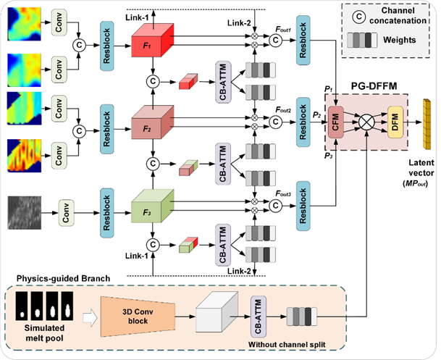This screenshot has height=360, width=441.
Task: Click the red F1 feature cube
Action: (153, 41)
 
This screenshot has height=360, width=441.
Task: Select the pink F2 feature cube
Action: (153, 122)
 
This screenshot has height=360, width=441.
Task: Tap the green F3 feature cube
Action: (153, 206)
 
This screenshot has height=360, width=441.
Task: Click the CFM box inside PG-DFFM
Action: (336, 122)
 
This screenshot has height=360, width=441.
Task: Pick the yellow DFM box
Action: (395, 122)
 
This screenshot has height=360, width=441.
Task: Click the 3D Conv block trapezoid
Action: (138, 317)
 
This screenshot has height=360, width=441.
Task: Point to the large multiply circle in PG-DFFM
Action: (366, 122)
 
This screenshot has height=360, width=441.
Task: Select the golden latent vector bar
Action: (427, 124)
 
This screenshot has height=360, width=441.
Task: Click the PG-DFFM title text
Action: (374, 86)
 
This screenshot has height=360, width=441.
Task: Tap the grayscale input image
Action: (25, 213)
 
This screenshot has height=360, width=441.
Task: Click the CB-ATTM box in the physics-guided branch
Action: (259, 317)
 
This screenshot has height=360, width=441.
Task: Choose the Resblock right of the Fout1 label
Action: (303, 41)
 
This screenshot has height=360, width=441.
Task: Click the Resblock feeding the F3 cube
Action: (107, 213)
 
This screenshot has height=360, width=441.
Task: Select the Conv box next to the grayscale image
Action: (66, 213)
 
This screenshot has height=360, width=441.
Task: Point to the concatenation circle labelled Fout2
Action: (275, 122)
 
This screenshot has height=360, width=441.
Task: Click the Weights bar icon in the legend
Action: (362, 41)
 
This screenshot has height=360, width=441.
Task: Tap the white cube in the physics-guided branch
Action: (217, 312)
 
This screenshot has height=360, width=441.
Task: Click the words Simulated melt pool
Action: (44, 332)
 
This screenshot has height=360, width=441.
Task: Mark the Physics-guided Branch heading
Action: (63, 278)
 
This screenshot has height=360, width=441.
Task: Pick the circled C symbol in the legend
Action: (358, 17)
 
